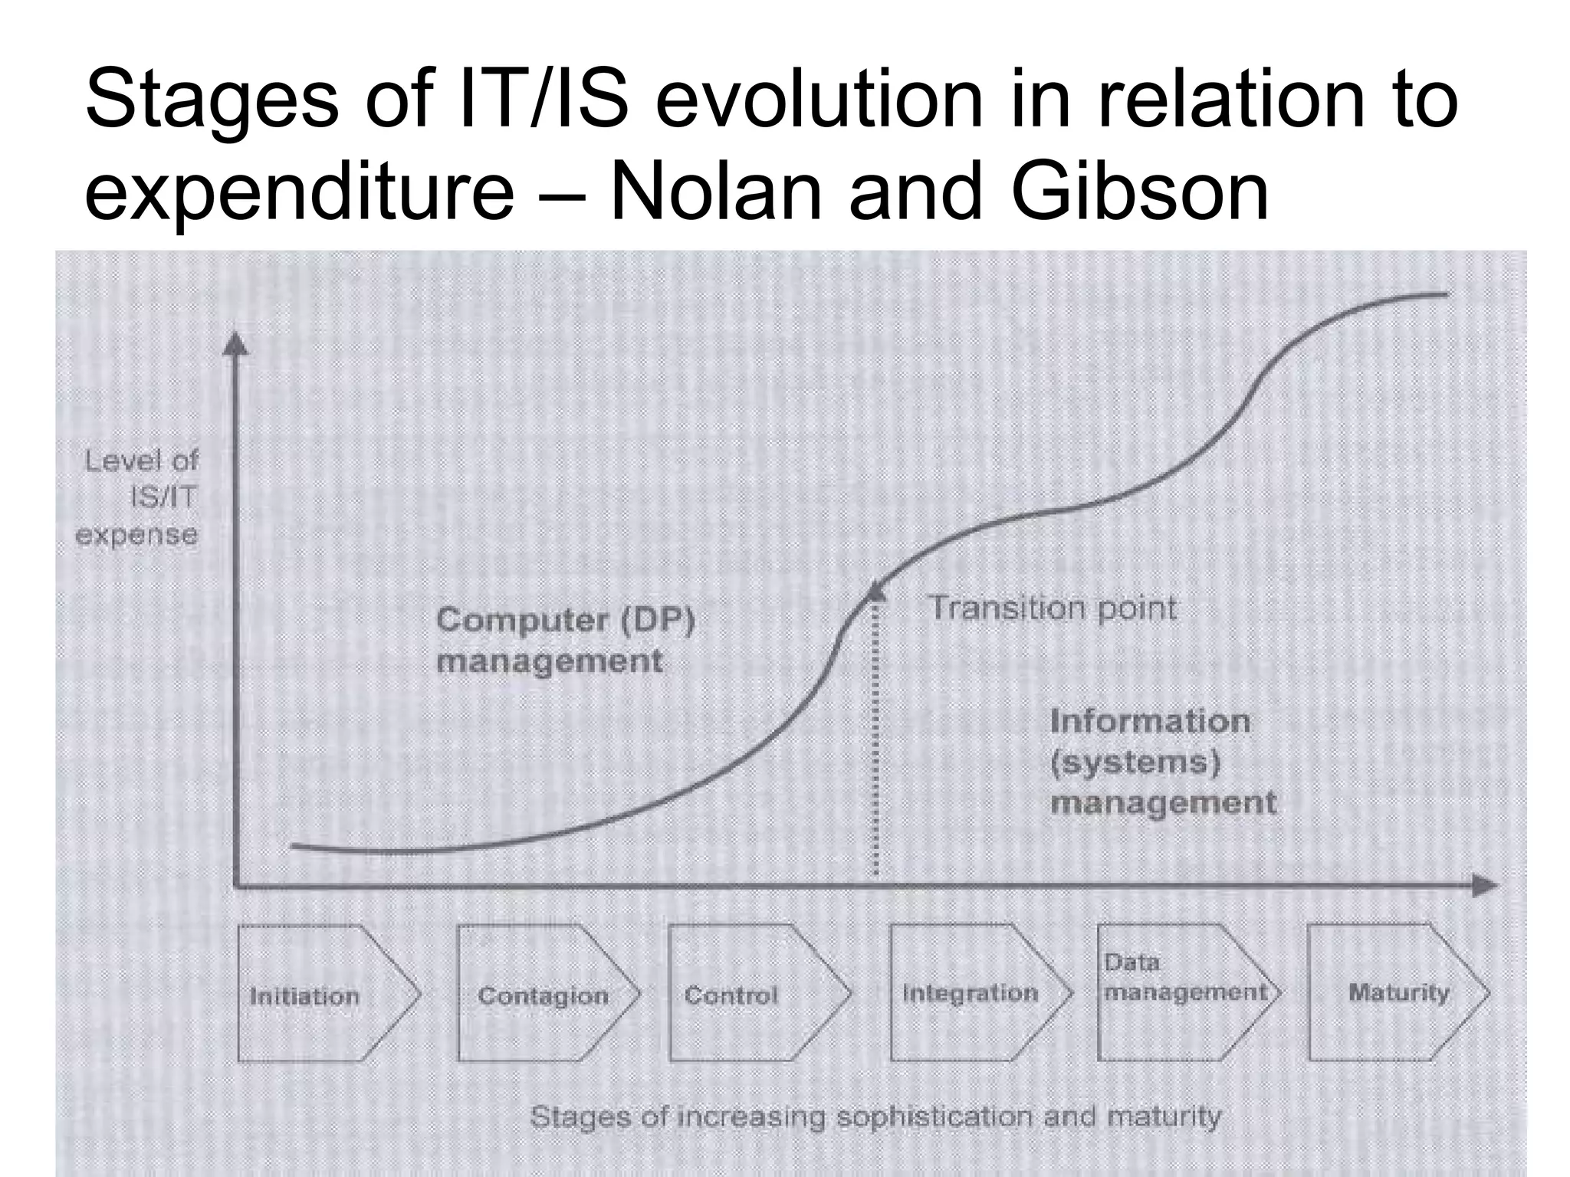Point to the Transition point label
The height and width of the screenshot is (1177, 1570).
point(1053,608)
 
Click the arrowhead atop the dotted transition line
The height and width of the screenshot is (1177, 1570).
point(875,589)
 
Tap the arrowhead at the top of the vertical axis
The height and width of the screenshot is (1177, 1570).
point(235,344)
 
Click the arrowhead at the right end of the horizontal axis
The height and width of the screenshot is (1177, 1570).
point(1484,886)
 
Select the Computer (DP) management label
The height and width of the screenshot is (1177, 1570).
point(565,640)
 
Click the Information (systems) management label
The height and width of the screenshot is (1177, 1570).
point(1162,762)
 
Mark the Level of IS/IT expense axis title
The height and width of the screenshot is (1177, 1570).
point(139,497)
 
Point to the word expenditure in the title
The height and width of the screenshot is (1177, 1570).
point(299,192)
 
